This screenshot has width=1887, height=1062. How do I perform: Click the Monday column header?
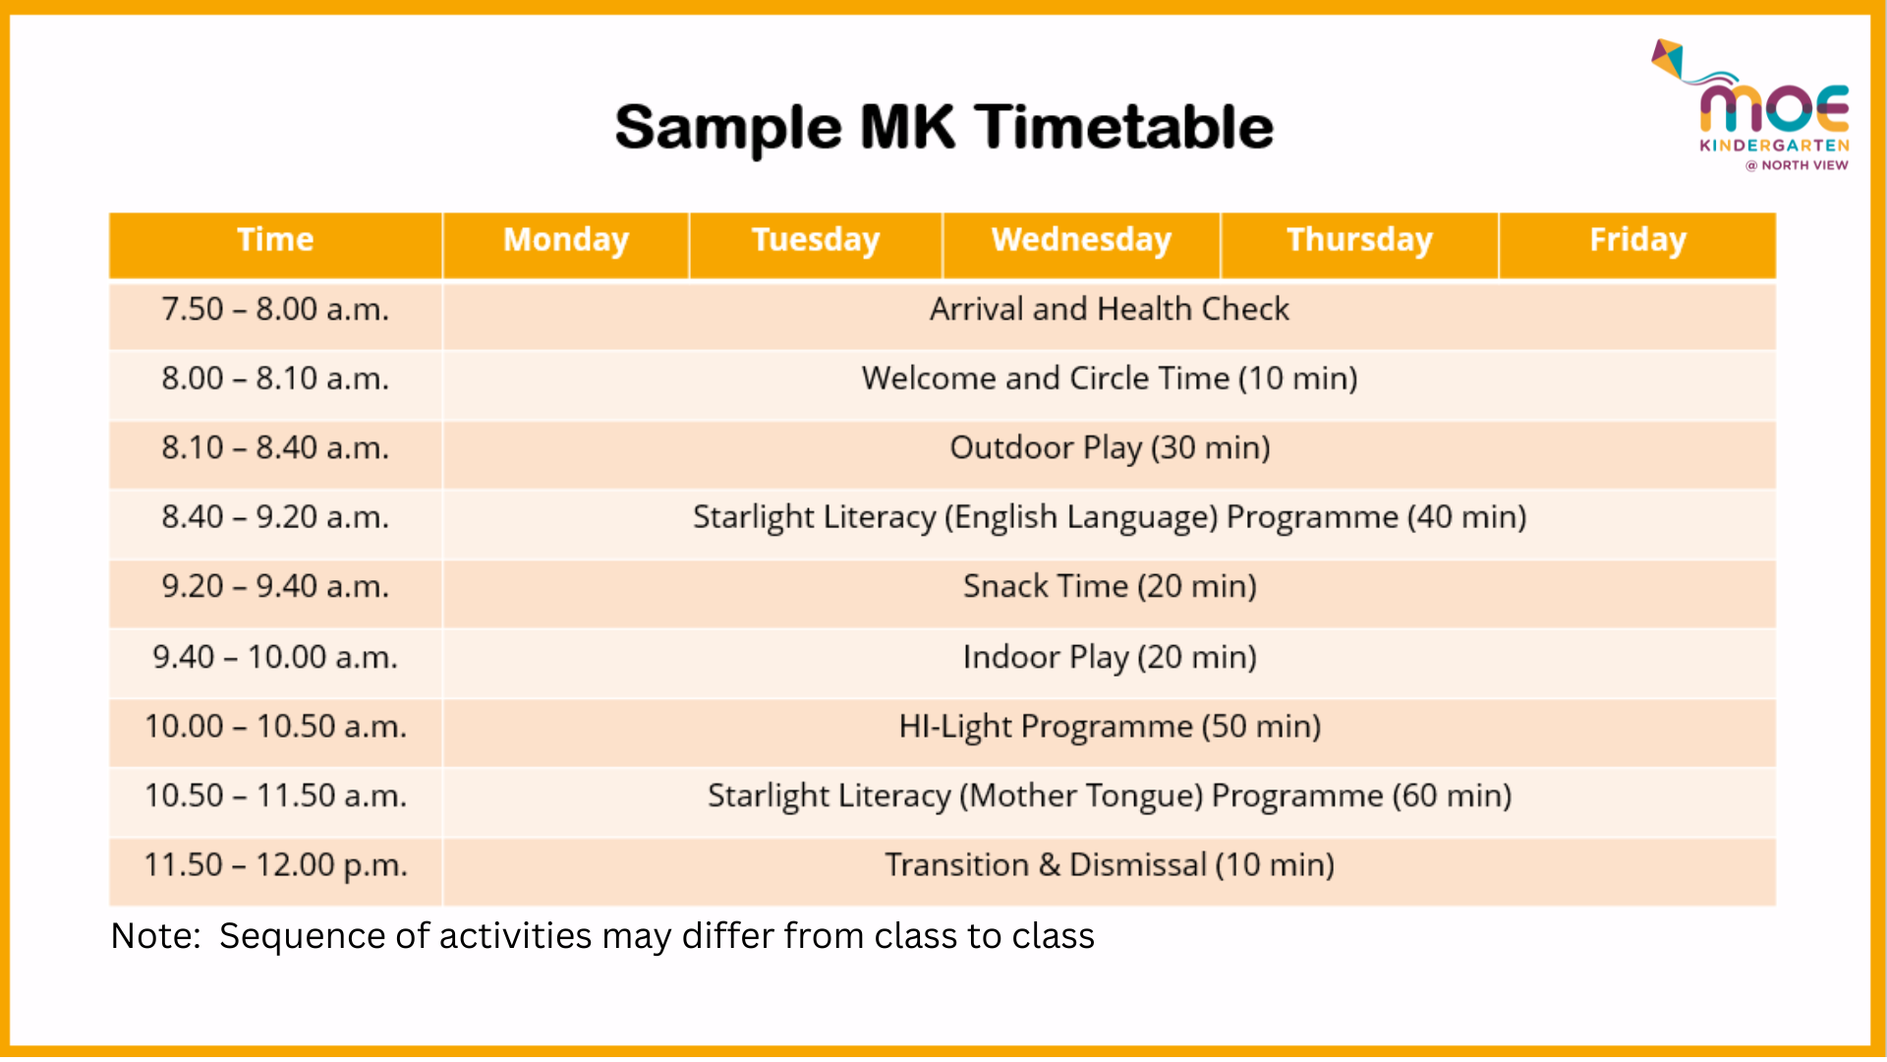tap(566, 241)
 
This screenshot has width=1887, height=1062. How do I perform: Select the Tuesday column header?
tap(816, 241)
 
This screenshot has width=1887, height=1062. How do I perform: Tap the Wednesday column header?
tap(1081, 241)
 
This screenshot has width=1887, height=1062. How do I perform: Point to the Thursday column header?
tap(1359, 241)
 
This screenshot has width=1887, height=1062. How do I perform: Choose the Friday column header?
tap(1637, 241)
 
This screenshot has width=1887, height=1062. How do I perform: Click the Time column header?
tap(275, 241)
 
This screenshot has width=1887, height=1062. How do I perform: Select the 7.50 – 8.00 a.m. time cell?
tap(275, 310)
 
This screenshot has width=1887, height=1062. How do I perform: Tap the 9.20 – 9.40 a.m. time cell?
tap(275, 587)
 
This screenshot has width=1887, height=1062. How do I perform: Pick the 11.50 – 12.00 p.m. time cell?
tap(275, 865)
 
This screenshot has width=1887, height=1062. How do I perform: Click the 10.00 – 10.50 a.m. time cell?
tap(275, 727)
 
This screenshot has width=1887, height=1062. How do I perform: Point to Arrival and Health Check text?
tap(1110, 310)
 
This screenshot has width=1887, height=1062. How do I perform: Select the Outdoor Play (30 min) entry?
tap(1110, 448)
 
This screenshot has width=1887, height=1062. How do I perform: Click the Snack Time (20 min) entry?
tap(1110, 587)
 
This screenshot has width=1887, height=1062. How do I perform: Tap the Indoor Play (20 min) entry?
tap(1110, 657)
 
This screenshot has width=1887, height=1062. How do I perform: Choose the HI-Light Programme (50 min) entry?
tap(1110, 727)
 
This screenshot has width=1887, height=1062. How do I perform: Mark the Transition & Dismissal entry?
tap(1110, 865)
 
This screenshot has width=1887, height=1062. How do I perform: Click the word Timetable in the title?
tap(1124, 128)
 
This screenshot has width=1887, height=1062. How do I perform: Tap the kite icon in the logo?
tap(1669, 58)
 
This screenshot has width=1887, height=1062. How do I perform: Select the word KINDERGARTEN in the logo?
tap(1775, 146)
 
